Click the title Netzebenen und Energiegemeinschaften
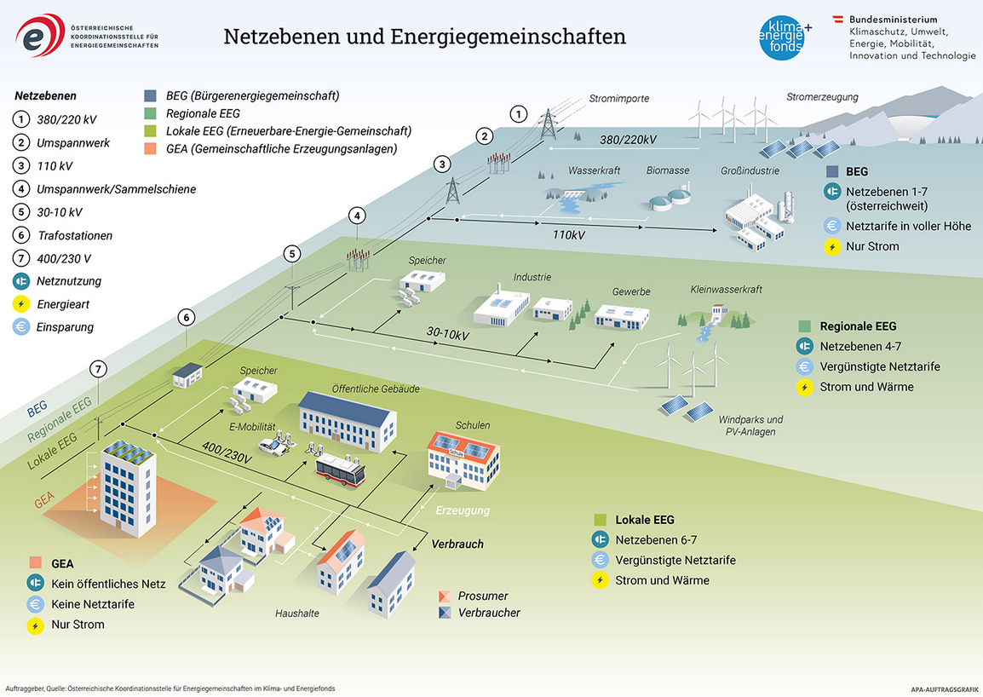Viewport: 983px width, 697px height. point(424,37)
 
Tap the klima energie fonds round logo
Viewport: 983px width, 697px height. point(781,38)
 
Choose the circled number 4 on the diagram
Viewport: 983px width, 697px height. point(359,216)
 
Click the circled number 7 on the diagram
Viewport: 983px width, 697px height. point(100,369)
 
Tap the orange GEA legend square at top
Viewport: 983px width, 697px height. point(151,149)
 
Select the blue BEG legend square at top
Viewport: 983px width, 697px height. point(151,95)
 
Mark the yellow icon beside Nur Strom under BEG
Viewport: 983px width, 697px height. point(831,247)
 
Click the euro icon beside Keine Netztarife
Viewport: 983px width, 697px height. point(35,604)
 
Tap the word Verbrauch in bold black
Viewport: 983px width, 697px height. point(457,544)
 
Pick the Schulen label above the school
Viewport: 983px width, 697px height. point(473,425)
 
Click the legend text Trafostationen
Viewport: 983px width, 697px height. point(74,235)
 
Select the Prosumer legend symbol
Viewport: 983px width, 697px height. point(444,596)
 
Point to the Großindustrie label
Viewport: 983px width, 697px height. point(750,170)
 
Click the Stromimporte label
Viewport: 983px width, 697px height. point(619,99)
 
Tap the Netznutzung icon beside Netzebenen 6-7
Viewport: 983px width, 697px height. point(601,539)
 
